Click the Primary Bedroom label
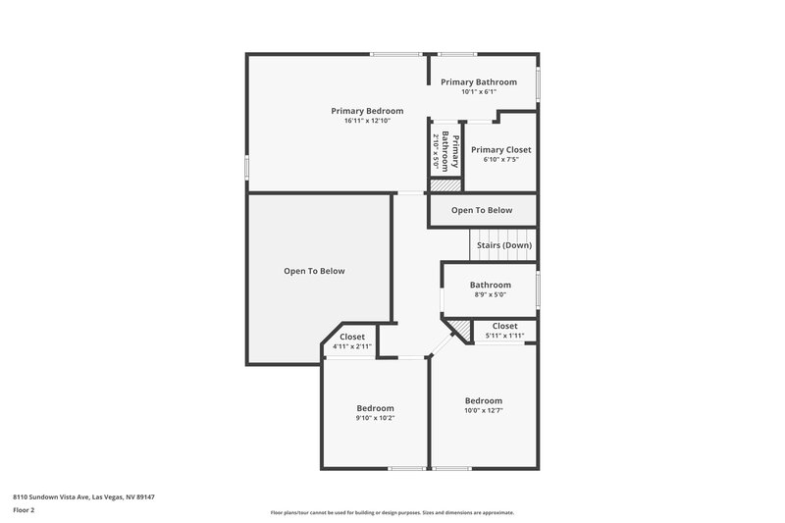[367, 111]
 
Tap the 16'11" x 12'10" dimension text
[367, 122]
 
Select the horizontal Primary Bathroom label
[479, 81]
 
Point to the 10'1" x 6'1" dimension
[479, 92]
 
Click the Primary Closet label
[500, 149]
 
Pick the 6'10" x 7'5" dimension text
[500, 160]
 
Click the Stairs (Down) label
[504, 245]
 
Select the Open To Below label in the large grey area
[314, 271]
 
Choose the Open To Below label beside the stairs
[482, 210]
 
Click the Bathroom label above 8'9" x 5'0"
[490, 285]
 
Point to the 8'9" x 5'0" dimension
[490, 295]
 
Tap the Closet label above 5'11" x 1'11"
[504, 326]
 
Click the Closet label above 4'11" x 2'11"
[351, 337]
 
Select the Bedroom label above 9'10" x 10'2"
[375, 408]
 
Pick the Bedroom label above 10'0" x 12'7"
[483, 400]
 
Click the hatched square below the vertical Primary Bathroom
[445, 184]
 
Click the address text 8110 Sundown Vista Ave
[83, 497]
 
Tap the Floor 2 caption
[24, 510]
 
